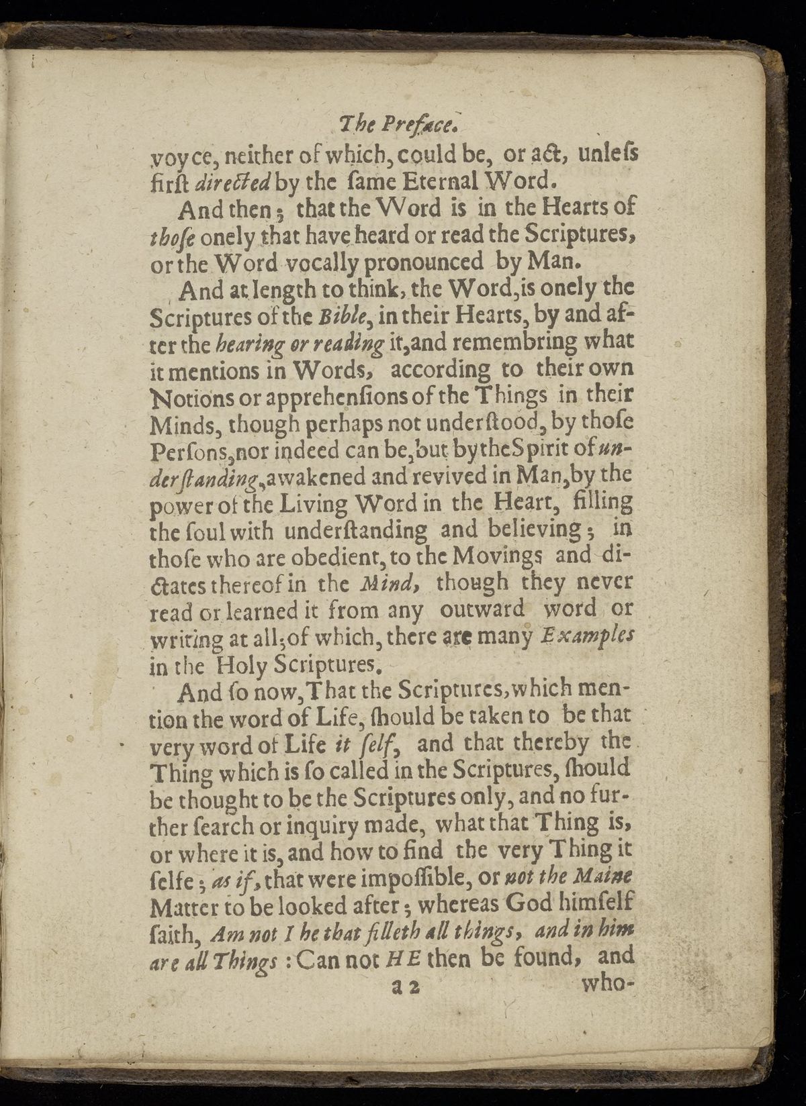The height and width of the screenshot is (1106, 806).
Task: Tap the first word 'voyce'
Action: (177, 156)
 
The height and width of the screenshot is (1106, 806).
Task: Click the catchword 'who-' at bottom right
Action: (607, 985)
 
